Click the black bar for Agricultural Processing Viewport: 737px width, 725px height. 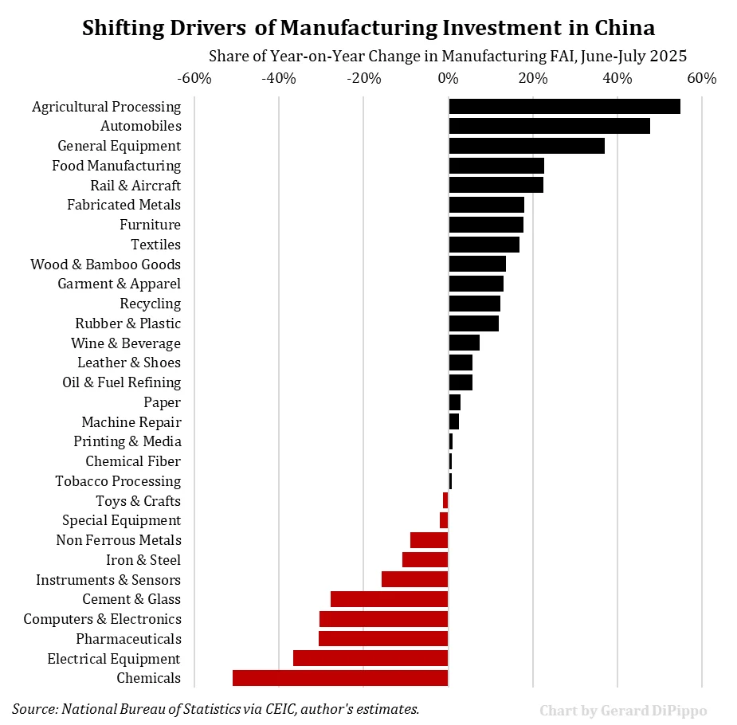(564, 107)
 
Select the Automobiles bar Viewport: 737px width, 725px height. (549, 126)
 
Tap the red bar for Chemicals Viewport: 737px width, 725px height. (340, 678)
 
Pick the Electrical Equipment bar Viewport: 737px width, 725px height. (370, 659)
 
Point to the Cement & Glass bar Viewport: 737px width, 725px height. (389, 599)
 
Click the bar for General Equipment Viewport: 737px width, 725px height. (527, 146)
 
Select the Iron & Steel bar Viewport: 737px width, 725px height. (425, 560)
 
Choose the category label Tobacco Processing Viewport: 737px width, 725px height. (118, 481)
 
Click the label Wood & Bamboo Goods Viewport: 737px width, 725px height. (105, 265)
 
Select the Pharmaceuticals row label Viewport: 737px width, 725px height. (128, 639)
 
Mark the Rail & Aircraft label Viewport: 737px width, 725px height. (135, 186)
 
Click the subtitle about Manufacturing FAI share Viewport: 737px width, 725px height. (447, 57)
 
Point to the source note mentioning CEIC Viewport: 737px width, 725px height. (215, 708)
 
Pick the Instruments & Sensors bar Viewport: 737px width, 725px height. (414, 580)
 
